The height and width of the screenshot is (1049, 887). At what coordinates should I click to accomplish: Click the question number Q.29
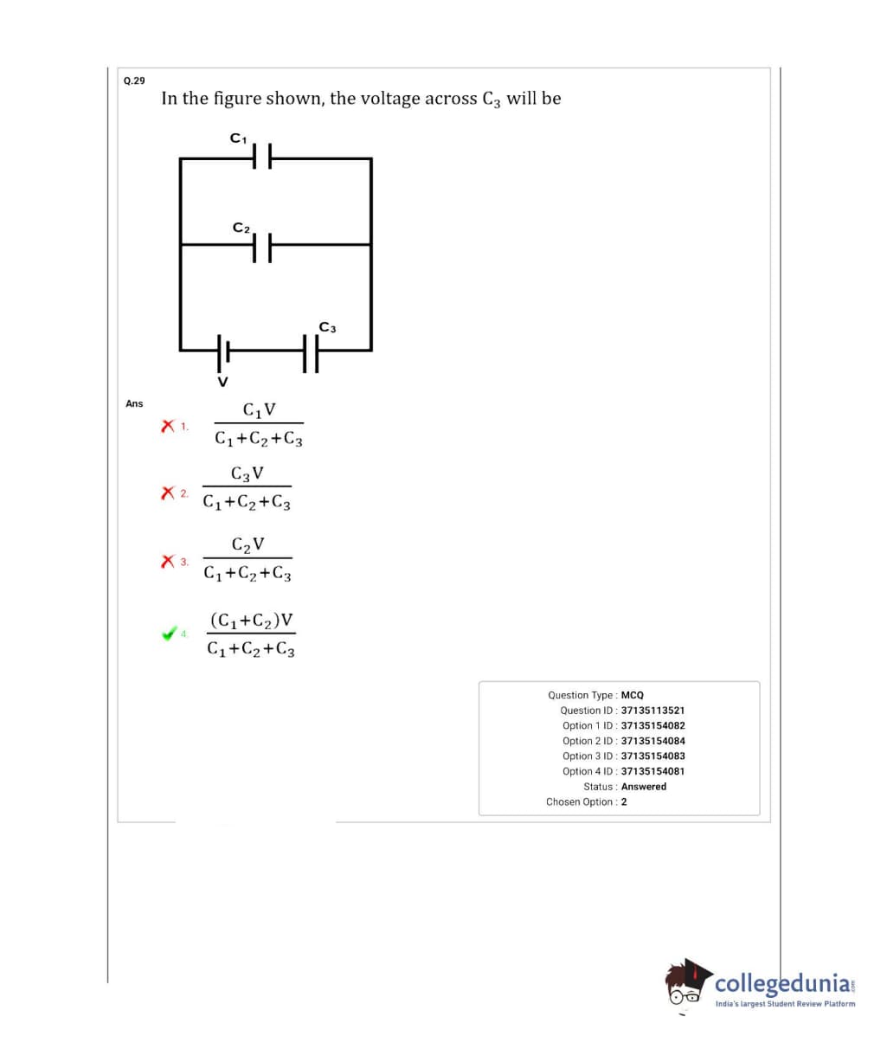click(134, 80)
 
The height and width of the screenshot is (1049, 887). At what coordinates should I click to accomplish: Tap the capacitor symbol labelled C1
click(262, 158)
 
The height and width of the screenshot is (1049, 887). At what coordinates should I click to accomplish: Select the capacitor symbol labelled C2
click(262, 246)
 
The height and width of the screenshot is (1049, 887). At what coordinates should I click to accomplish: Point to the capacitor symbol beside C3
click(312, 351)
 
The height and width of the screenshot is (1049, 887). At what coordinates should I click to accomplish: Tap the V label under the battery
click(222, 381)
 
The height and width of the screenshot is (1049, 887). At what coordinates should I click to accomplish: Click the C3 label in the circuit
click(327, 327)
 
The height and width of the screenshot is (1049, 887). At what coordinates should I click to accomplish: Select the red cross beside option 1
click(168, 426)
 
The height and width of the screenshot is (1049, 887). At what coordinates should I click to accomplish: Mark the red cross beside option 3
click(168, 562)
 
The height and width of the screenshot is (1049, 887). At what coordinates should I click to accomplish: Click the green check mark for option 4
click(169, 634)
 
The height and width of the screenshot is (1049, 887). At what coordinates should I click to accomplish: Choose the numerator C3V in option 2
click(247, 474)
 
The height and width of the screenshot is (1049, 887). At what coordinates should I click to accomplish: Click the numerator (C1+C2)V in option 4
click(251, 621)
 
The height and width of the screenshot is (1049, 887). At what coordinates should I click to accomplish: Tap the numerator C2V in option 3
click(248, 544)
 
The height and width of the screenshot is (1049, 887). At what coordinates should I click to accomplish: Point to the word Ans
click(134, 403)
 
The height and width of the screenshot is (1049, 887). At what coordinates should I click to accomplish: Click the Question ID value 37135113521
click(652, 711)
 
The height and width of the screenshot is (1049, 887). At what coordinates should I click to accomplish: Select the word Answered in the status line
click(644, 787)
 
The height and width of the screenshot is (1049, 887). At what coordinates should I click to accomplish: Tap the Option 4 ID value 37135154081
click(652, 771)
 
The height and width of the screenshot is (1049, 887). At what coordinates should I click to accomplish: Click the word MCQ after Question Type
click(633, 695)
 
